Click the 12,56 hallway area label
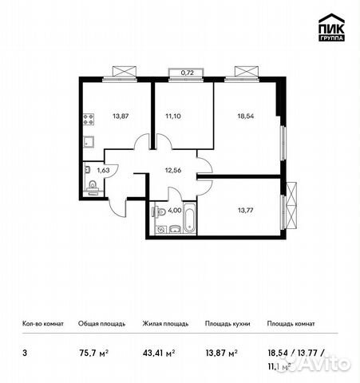pos(175,168)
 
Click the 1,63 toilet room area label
pos(103,169)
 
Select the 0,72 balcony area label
pos(187,73)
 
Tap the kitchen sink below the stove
pos(89,144)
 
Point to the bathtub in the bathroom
pos(189,219)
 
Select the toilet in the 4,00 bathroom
pos(160,212)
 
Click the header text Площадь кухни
pos(227,324)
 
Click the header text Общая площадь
pos(100,324)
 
